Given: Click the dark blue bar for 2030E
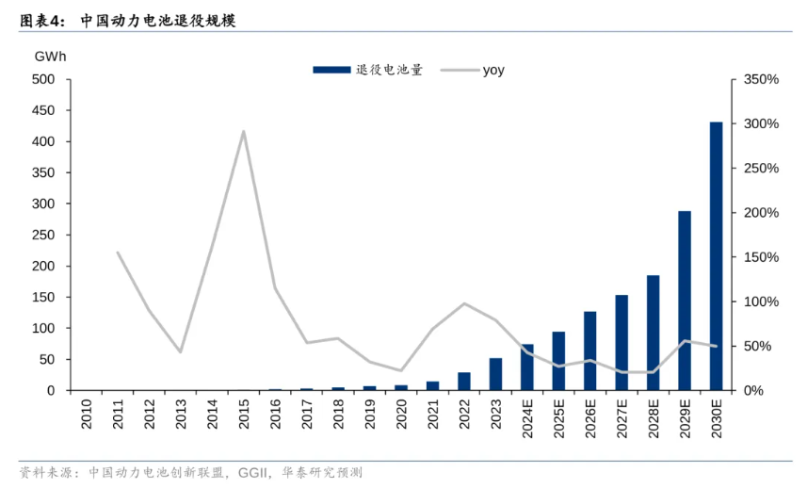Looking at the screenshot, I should (x=716, y=256).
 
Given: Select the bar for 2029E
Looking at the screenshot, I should (x=685, y=301).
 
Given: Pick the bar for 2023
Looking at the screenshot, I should (x=495, y=374).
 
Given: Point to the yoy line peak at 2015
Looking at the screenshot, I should (x=244, y=131).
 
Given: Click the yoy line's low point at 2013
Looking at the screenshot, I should (x=181, y=351).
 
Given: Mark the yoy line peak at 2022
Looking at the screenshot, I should (x=464, y=303).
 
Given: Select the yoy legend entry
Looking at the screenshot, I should (x=492, y=69).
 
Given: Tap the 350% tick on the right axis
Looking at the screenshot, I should (x=760, y=79).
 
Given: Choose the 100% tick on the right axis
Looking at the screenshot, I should (x=760, y=302).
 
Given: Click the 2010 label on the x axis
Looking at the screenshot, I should (x=87, y=415).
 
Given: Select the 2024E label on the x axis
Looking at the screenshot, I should (x=527, y=418).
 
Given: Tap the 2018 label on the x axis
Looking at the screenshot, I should (x=338, y=415).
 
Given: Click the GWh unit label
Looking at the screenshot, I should (x=50, y=57).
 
